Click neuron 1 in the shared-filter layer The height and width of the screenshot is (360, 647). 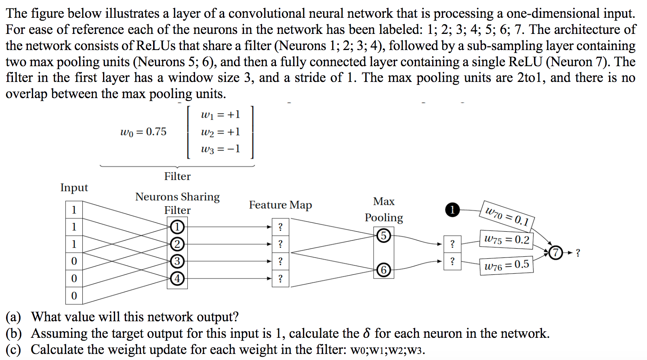(177, 227)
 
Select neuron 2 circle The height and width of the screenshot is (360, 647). (177, 244)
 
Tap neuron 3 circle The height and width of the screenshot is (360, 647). (177, 261)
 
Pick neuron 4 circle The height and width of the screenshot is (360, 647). (177, 278)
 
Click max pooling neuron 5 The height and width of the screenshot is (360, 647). (384, 236)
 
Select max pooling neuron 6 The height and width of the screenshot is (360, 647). (384, 270)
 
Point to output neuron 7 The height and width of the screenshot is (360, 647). (556, 253)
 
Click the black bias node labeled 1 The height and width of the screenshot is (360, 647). (452, 210)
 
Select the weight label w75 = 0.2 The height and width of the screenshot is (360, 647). (506, 240)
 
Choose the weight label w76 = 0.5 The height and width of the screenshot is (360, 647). (506, 266)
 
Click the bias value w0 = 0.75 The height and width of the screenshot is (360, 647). (143, 132)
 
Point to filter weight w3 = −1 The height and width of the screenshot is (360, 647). (221, 149)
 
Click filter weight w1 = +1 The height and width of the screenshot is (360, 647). (221, 115)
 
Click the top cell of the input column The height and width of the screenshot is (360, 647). (74, 210)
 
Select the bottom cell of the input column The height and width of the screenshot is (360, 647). (74, 296)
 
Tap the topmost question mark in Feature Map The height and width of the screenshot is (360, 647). (280, 227)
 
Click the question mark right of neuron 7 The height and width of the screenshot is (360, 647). (578, 253)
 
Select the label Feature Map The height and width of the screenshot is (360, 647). (280, 205)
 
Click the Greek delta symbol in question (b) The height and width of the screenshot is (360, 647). (366, 333)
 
